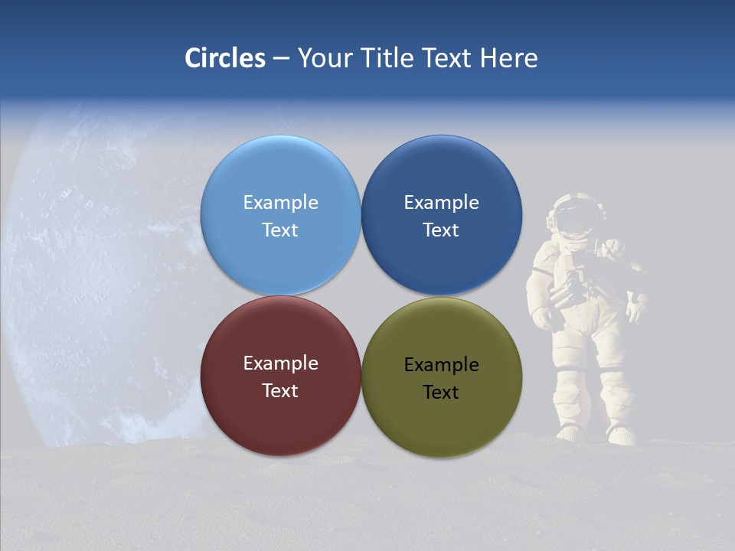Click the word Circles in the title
(x=224, y=58)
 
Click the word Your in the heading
(x=324, y=58)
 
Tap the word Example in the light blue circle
(x=280, y=202)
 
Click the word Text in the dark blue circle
(x=441, y=230)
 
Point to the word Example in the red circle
(x=280, y=363)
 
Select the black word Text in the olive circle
(x=441, y=392)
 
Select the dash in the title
(x=280, y=58)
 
